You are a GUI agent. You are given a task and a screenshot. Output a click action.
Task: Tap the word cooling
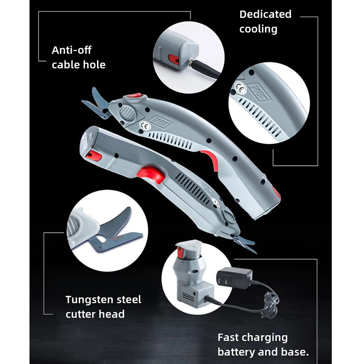pos(258,29)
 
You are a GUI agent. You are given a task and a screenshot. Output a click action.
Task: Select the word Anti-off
pos(71,50)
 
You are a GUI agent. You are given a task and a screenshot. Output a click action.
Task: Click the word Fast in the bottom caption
pos(229,337)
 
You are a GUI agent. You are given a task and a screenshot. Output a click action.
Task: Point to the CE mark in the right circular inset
pos(239,86)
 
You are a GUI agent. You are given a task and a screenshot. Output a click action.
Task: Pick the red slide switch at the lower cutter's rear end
pos(94,156)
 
